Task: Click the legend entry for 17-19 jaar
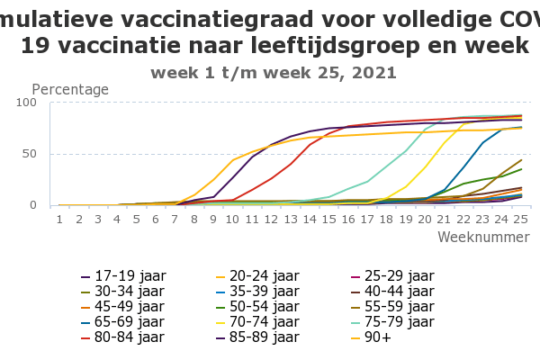(x=118, y=275)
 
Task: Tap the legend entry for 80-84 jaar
(x=118, y=337)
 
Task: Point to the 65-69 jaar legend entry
(x=118, y=321)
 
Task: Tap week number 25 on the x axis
(x=520, y=219)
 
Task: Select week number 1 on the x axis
(x=59, y=219)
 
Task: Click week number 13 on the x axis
(x=290, y=219)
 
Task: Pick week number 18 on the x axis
(x=386, y=219)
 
